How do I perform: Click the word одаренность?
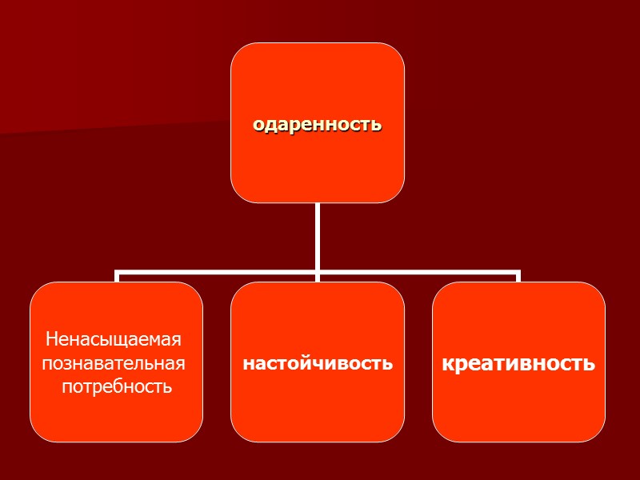coord(318,126)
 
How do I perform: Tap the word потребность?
coord(118,387)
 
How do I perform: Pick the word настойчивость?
coord(318,363)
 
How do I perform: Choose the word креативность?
coord(518,364)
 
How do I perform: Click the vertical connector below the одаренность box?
coord(318,236)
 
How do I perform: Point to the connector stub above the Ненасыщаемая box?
coord(117,277)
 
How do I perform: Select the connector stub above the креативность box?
coord(518,277)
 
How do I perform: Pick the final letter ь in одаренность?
coord(377,126)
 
